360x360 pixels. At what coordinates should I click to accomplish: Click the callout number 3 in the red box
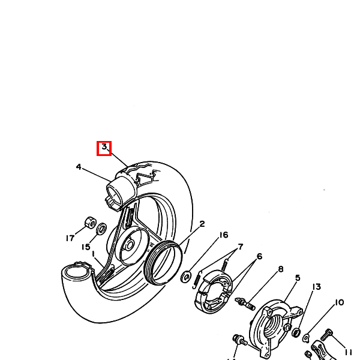(104, 147)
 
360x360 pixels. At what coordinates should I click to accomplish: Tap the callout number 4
(79, 167)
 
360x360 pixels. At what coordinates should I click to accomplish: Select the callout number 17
(70, 238)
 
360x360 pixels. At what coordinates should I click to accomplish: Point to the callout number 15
(86, 247)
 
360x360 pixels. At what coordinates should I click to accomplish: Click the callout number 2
(202, 224)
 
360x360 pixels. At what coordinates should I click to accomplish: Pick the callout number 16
(224, 235)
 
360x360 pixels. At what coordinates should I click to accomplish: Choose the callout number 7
(241, 247)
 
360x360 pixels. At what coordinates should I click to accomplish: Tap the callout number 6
(259, 256)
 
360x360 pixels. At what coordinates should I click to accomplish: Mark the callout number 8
(281, 269)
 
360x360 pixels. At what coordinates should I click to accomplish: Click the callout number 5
(298, 278)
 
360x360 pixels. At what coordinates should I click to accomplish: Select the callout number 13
(317, 287)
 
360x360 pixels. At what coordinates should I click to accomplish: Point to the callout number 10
(340, 302)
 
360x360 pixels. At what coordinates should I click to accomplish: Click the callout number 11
(348, 352)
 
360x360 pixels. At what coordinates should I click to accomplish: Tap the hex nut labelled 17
(90, 222)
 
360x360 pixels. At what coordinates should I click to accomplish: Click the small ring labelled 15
(101, 229)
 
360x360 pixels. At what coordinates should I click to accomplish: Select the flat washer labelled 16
(186, 277)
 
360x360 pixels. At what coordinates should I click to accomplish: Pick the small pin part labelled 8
(245, 304)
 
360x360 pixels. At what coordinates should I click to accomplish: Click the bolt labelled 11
(326, 335)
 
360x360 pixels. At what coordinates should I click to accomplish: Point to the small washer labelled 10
(306, 338)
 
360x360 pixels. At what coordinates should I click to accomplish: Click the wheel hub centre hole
(130, 245)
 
